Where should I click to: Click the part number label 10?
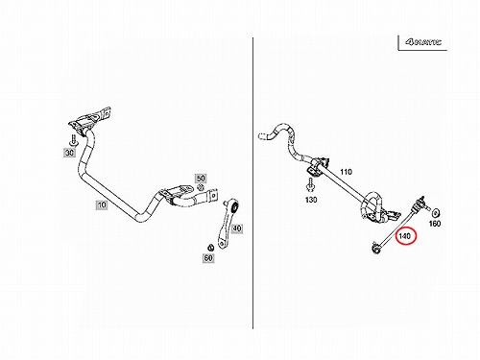[x=102, y=204]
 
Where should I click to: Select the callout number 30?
[x=69, y=153]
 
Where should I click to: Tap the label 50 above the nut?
[x=201, y=179]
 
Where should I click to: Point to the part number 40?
[x=236, y=228]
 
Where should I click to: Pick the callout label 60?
[x=208, y=257]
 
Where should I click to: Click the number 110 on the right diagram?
[x=346, y=172]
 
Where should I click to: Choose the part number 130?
[x=311, y=200]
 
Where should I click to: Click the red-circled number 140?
[x=405, y=236]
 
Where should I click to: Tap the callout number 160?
[x=435, y=224]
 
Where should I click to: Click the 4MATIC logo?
[x=423, y=42]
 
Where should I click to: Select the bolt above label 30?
[x=74, y=141]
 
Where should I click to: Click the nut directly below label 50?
[x=201, y=187]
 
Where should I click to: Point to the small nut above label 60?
[x=210, y=248]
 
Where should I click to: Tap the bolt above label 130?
[x=310, y=185]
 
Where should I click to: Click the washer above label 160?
[x=436, y=212]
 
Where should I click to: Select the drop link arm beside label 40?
[x=228, y=224]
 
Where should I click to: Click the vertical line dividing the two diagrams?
[x=252, y=183]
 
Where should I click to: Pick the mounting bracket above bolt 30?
[x=90, y=119]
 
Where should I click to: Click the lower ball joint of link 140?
[x=375, y=248]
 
